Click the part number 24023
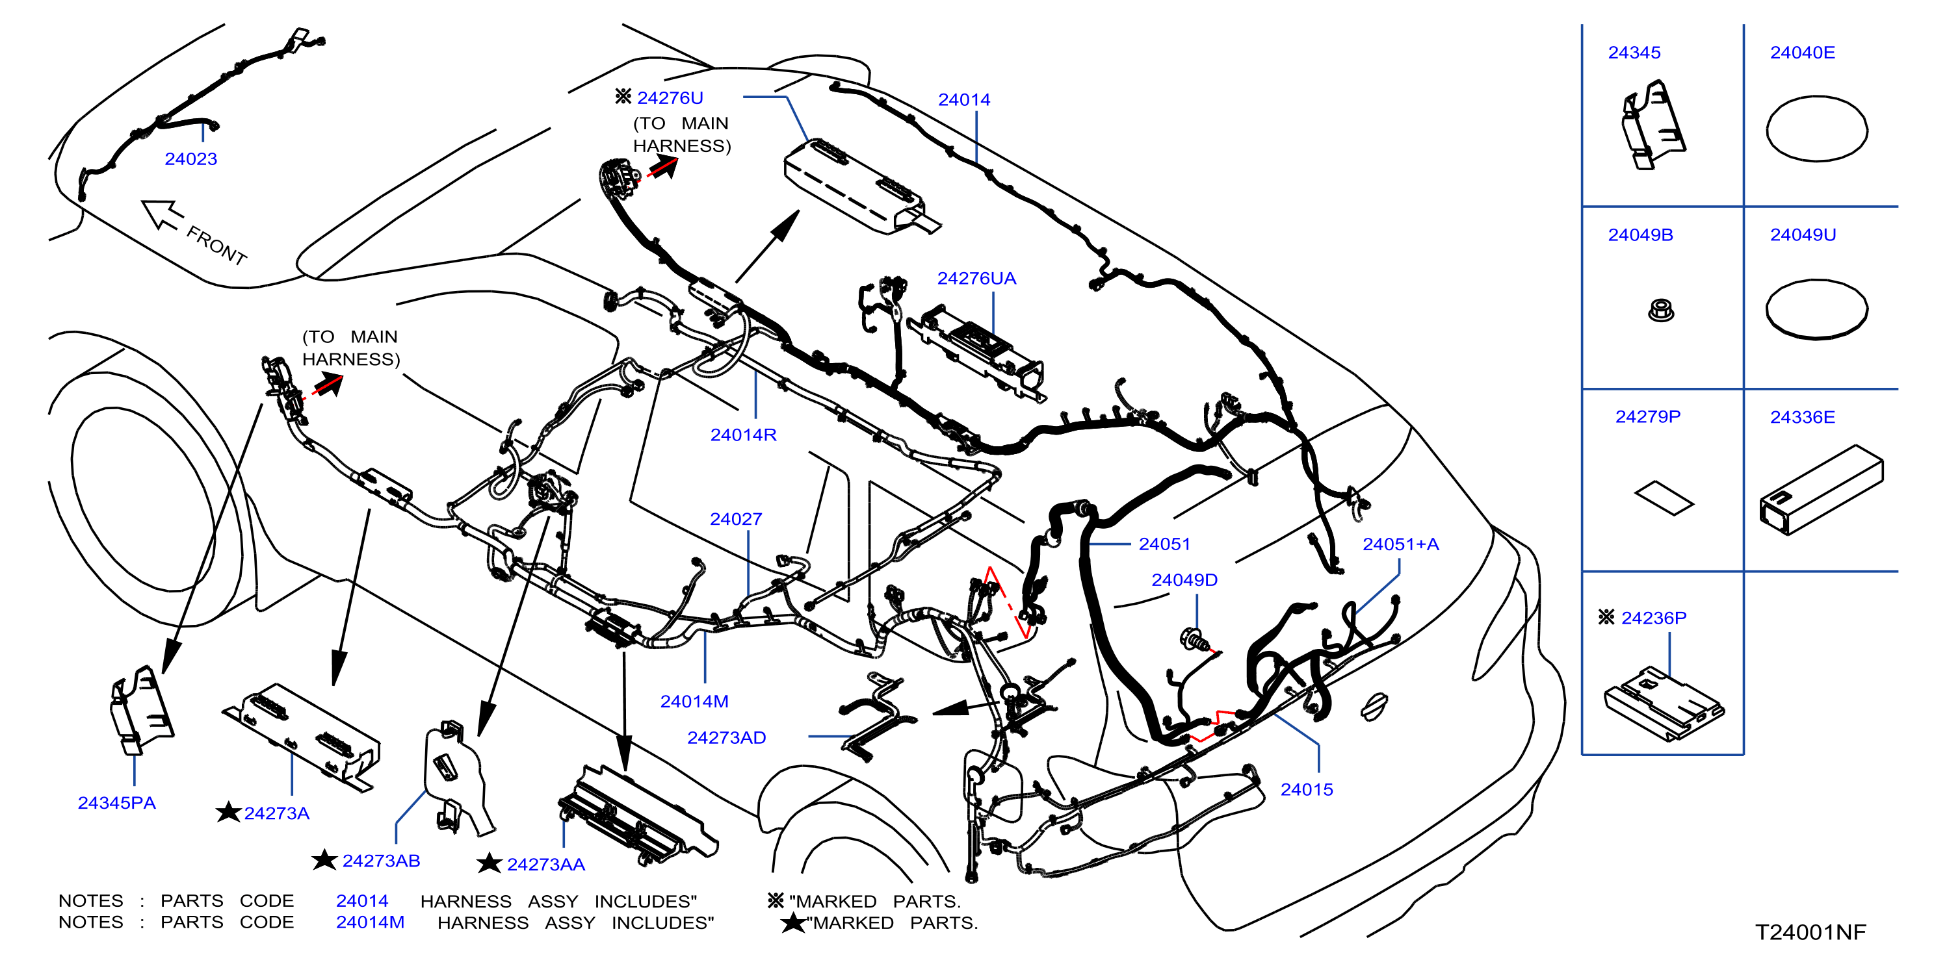(x=190, y=159)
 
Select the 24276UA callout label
(x=976, y=279)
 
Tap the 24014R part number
(x=743, y=435)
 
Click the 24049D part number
(x=1184, y=580)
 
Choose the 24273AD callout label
(x=726, y=738)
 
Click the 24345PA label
(x=116, y=803)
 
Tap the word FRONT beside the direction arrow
(x=217, y=246)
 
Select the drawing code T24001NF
(x=1810, y=932)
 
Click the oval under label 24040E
(x=1817, y=129)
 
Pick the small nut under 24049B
(x=1660, y=311)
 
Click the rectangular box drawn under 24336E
(x=1822, y=490)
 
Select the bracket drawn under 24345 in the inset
(x=1653, y=125)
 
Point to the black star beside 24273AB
(x=324, y=860)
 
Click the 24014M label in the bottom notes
(x=371, y=923)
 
